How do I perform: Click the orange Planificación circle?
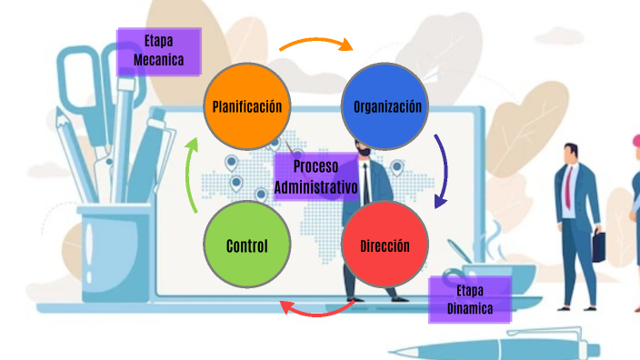click(x=247, y=106)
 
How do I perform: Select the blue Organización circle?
click(x=387, y=106)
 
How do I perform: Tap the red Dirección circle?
click(x=385, y=245)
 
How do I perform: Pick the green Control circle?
click(x=246, y=245)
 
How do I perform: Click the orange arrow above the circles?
click(x=315, y=43)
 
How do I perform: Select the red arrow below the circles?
click(x=315, y=310)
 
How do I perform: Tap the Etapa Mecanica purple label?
click(x=159, y=51)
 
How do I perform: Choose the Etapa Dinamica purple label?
click(x=470, y=299)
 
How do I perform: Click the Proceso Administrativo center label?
click(x=315, y=176)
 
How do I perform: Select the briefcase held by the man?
click(x=599, y=245)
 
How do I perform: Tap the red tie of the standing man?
click(x=568, y=185)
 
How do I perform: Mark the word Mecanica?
click(x=159, y=61)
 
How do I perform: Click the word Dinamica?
click(x=470, y=309)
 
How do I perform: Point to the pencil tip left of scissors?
click(x=62, y=115)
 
